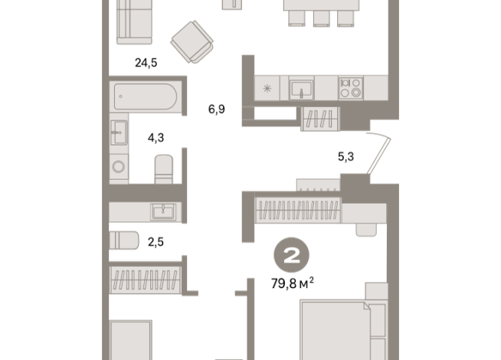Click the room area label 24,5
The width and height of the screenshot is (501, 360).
146,63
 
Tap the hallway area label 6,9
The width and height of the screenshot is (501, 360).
217,110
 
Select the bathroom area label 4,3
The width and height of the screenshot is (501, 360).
156,138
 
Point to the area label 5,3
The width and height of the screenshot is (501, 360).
345,156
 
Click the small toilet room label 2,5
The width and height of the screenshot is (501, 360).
156,242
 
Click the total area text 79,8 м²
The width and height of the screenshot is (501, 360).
293,283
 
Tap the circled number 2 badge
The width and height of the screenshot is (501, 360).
291,255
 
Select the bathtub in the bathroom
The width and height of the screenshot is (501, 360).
146,97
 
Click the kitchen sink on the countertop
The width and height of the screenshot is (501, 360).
301,90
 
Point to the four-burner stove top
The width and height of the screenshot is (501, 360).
351,88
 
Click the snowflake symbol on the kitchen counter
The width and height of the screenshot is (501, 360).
267,88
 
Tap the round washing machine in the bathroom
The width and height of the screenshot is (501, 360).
119,166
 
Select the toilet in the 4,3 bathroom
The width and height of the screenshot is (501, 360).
164,169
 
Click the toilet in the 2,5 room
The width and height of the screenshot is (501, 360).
124,241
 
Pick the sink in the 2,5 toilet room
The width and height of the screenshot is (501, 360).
163,211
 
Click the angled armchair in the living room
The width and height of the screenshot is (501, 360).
192,42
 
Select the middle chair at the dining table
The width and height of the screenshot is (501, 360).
321,18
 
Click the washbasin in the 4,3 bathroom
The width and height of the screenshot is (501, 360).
119,133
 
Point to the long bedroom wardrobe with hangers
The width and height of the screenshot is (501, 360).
298,210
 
